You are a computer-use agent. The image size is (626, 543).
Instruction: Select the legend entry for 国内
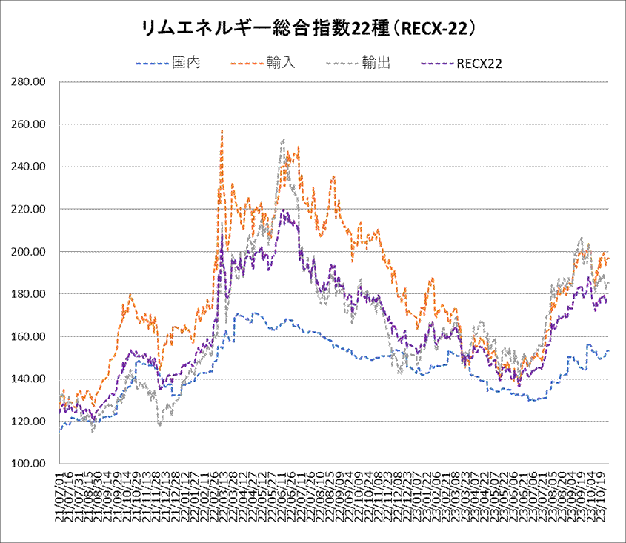click(x=186, y=63)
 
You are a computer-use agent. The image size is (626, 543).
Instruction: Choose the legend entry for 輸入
click(x=281, y=63)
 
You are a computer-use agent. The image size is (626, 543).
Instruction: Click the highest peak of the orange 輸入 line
click(x=222, y=131)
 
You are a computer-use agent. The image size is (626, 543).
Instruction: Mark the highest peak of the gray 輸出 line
click(x=283, y=139)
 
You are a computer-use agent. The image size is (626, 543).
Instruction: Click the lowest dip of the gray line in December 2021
click(x=160, y=426)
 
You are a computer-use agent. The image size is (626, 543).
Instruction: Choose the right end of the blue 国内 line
click(x=608, y=350)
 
